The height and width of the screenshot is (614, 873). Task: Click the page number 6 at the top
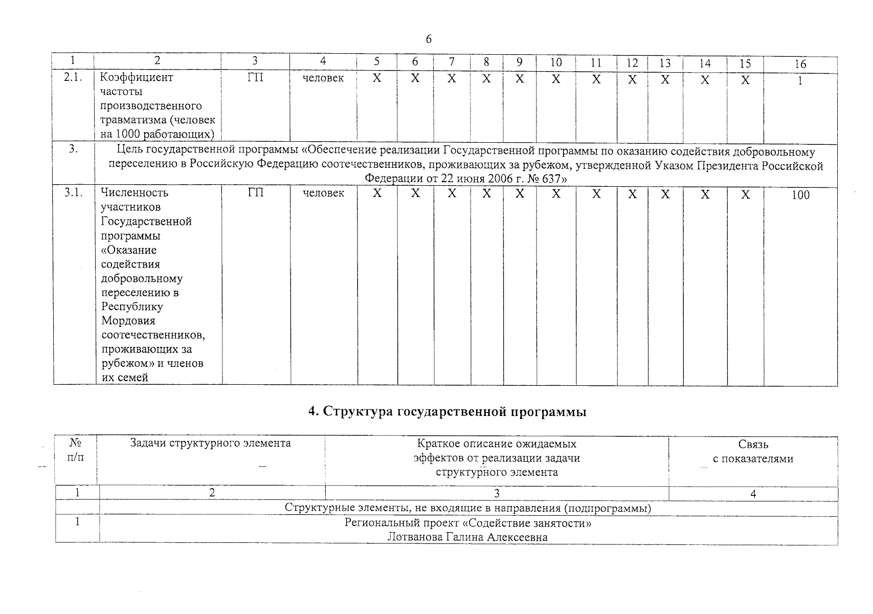[x=429, y=39]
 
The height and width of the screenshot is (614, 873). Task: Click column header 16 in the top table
[x=800, y=63]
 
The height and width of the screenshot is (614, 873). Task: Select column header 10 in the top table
[x=556, y=62]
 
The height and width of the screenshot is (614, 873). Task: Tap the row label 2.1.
[x=74, y=78]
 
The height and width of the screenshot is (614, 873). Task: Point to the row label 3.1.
[x=74, y=193]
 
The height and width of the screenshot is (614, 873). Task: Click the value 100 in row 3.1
[x=800, y=195]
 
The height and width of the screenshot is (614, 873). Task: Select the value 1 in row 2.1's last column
[x=800, y=80]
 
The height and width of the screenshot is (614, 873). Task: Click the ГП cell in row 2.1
[x=255, y=78]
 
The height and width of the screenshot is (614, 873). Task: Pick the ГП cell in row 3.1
[x=255, y=193]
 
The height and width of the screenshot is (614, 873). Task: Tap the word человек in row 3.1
[x=323, y=193]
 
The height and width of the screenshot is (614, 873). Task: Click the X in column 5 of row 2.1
[x=376, y=79]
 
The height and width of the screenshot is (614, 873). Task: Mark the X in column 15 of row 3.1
[x=745, y=194]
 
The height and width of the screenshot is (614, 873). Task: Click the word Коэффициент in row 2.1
[x=137, y=78]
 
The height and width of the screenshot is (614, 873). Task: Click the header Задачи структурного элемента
[x=210, y=443]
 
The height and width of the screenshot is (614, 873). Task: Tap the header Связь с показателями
[x=753, y=452]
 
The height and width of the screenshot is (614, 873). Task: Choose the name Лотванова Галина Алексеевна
[x=467, y=537]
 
